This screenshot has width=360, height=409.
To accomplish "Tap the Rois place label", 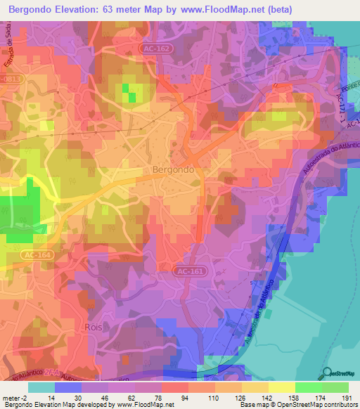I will [94, 327].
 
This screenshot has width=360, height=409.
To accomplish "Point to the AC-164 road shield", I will [34, 254].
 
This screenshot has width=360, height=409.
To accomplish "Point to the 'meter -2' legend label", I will [14, 398].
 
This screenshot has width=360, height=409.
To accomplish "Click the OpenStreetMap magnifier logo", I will [328, 374].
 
